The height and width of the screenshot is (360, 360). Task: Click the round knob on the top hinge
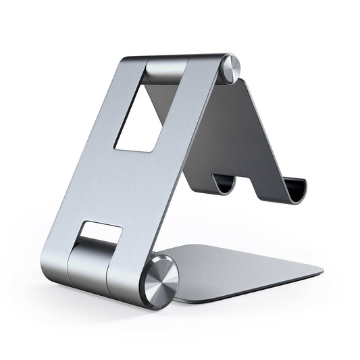(x=232, y=68)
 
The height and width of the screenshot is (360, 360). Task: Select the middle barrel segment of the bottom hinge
(x=89, y=260)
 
